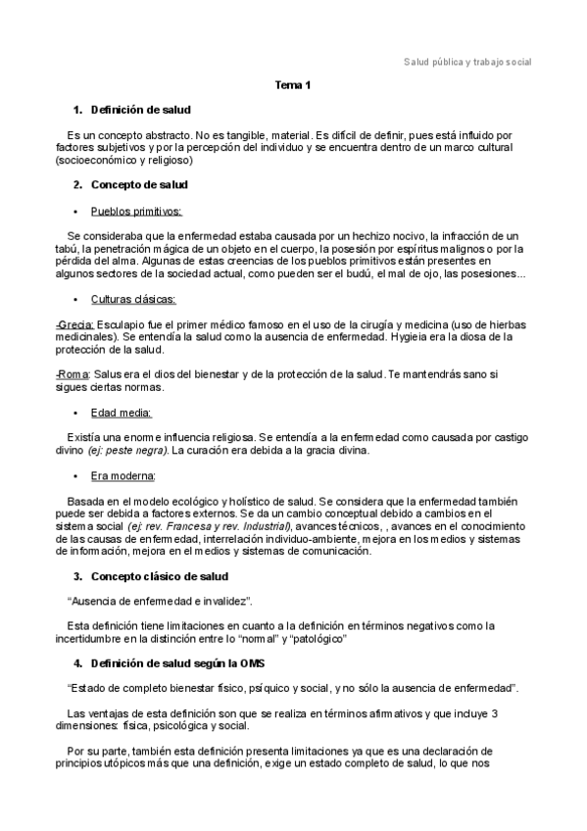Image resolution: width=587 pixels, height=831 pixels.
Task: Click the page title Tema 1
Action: pos(293,85)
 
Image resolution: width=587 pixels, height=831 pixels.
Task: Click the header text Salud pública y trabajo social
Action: pos(468,61)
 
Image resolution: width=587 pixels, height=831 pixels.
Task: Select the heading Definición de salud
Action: pos(140,109)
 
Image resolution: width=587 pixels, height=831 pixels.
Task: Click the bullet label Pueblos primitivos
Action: pos(136,211)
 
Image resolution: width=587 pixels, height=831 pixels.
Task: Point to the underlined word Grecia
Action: pos(76,324)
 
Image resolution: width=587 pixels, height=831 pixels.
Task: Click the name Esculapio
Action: pos(122,324)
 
